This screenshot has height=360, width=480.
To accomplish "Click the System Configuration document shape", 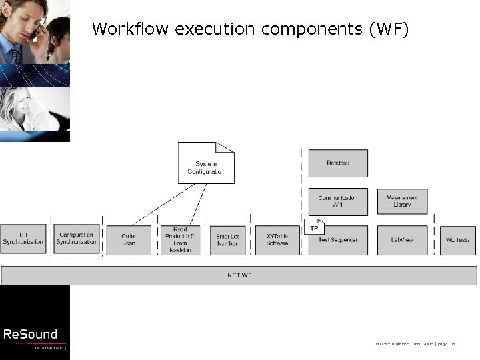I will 206,163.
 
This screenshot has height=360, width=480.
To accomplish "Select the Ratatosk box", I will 338,163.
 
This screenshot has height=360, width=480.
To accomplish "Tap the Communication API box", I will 338,201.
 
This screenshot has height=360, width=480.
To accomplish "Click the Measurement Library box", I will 402,201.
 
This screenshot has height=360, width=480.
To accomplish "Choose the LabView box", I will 402,240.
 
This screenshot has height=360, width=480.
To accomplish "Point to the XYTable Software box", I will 277,240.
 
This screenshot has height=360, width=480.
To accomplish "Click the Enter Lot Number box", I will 227,240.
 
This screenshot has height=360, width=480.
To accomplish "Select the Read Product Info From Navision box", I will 180,240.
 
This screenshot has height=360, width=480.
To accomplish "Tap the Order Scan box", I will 129,240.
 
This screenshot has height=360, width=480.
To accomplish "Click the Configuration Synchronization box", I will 75,239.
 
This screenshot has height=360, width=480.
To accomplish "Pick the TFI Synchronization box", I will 23,239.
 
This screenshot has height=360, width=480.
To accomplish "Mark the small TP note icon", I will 314,227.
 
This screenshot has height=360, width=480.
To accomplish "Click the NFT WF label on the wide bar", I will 240,275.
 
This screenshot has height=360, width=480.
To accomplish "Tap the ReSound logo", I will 31,335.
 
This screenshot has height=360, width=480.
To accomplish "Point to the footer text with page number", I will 424,343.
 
